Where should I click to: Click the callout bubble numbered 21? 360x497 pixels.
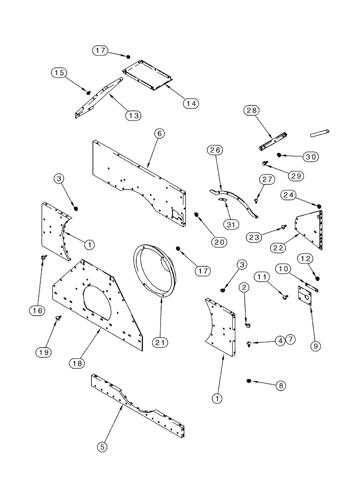[161, 342]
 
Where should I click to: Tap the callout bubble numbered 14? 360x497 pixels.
[190, 103]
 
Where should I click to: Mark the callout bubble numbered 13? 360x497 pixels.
[133, 115]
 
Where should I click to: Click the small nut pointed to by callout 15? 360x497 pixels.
[89, 92]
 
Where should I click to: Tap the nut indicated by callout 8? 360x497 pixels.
[249, 381]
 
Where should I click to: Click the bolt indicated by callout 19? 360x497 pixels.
[60, 317]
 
